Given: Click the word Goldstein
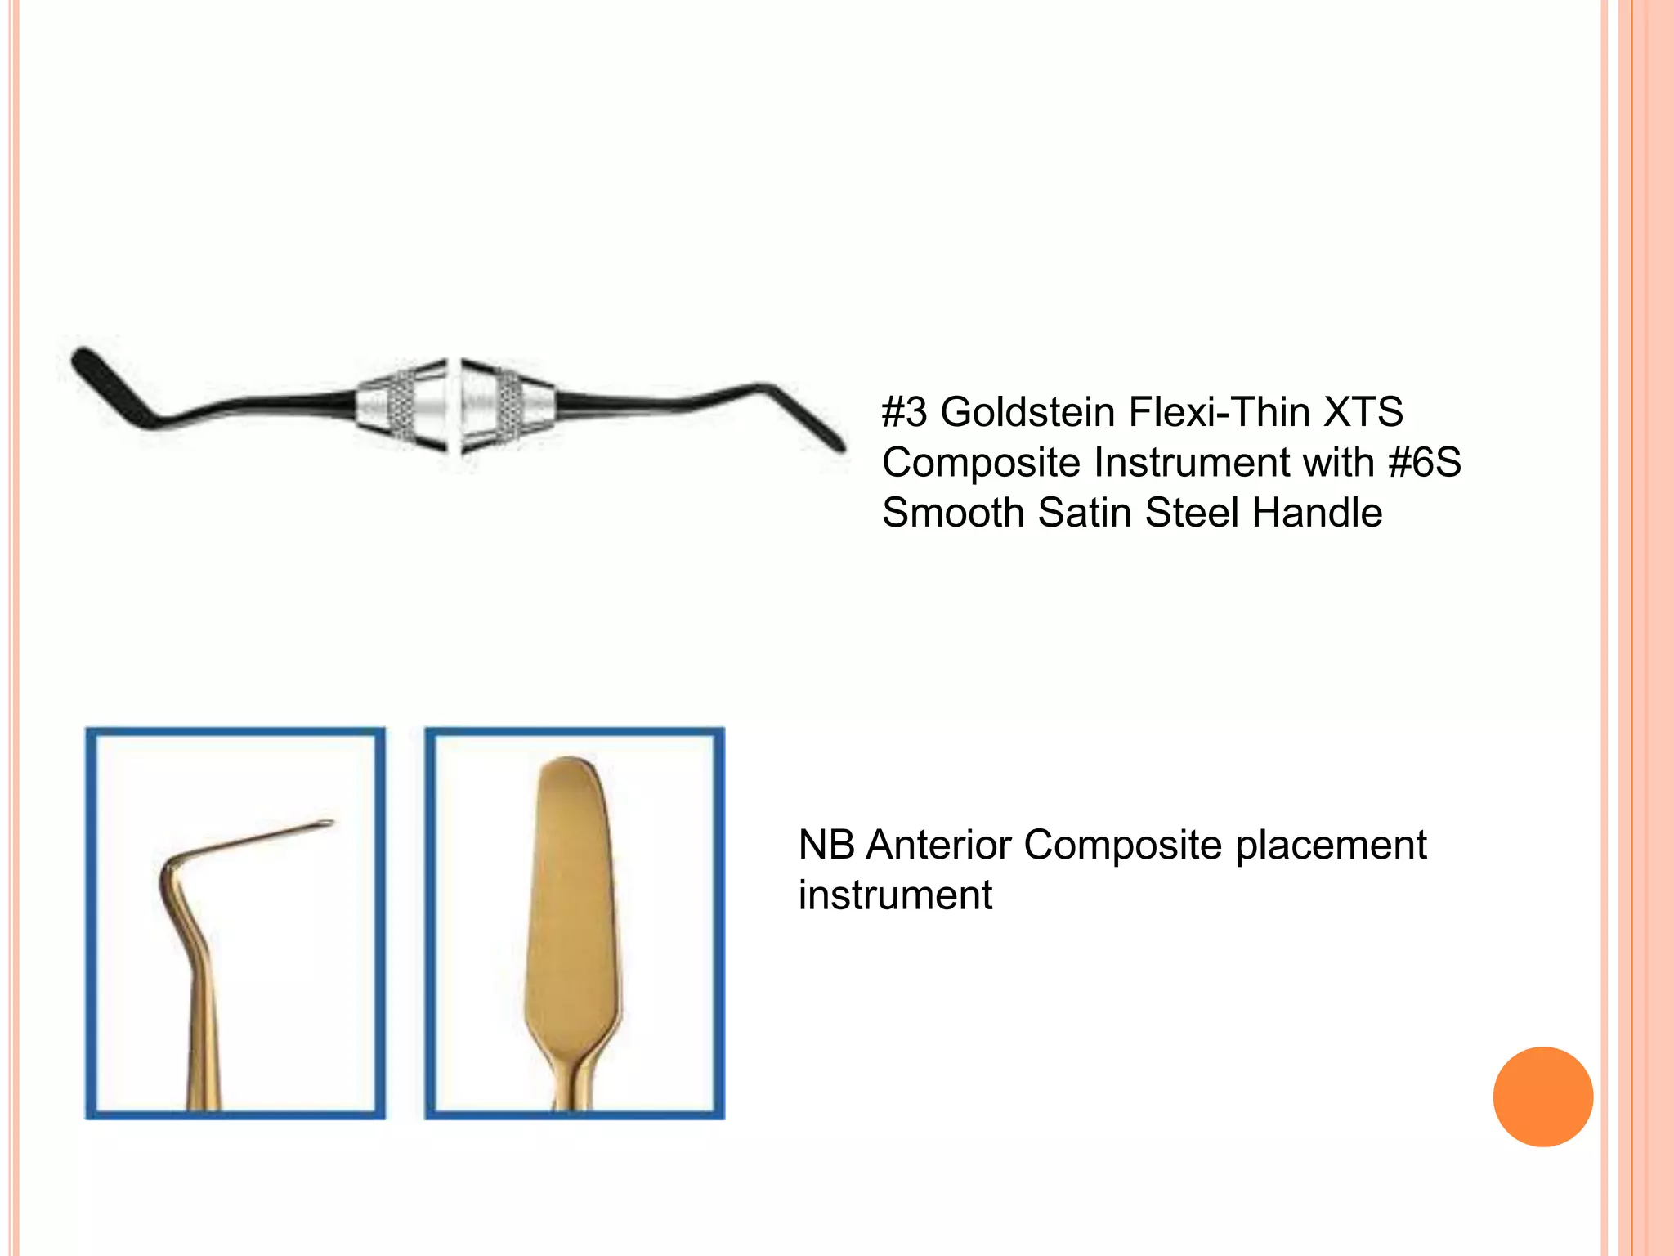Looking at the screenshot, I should pyautogui.click(x=1027, y=412).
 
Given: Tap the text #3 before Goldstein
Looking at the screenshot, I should pyautogui.click(x=905, y=412).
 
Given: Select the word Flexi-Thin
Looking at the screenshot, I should pyautogui.click(x=1219, y=412).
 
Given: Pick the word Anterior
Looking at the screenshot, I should pyautogui.click(x=938, y=845).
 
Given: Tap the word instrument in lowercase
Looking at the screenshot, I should pyautogui.click(x=895, y=895).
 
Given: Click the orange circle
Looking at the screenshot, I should pyautogui.click(x=1542, y=1097).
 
